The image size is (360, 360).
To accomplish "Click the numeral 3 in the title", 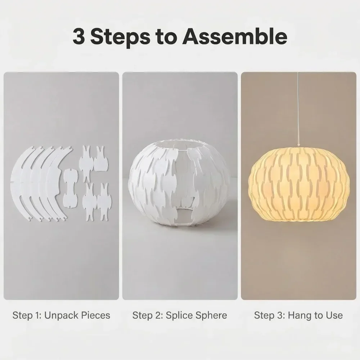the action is [x=79, y=36].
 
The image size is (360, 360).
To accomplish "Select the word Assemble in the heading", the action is [x=235, y=36].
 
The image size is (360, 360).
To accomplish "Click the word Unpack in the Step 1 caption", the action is [x=58, y=315].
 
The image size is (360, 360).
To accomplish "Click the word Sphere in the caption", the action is [x=211, y=315].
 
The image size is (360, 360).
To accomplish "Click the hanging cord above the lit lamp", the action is [x=298, y=108].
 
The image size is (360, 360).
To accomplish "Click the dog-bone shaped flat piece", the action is [x=71, y=188].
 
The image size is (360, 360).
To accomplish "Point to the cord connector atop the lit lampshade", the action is [x=298, y=145].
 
